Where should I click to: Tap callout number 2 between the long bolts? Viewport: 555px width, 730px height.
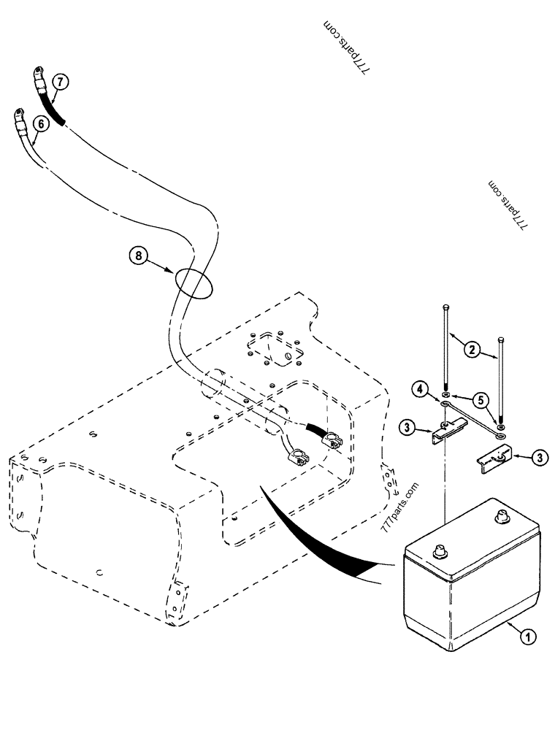pyautogui.click(x=472, y=350)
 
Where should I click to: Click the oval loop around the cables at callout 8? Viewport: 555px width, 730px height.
pyautogui.click(x=192, y=282)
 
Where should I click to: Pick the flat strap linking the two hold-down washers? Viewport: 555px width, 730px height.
pyautogui.click(x=471, y=414)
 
